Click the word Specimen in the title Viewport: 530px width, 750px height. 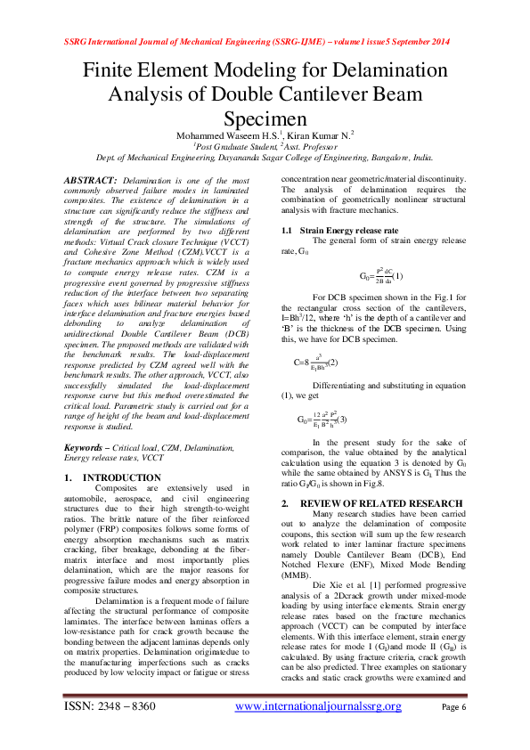pos(265,118)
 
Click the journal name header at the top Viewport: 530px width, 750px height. pos(265,43)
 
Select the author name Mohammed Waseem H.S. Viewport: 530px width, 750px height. pos(224,135)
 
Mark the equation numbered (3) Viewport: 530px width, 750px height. pos(322,419)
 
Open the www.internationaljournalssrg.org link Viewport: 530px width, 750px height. pos(317,706)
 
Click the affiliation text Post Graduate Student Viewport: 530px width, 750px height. pos(235,145)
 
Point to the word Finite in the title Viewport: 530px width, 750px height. pos(110,71)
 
